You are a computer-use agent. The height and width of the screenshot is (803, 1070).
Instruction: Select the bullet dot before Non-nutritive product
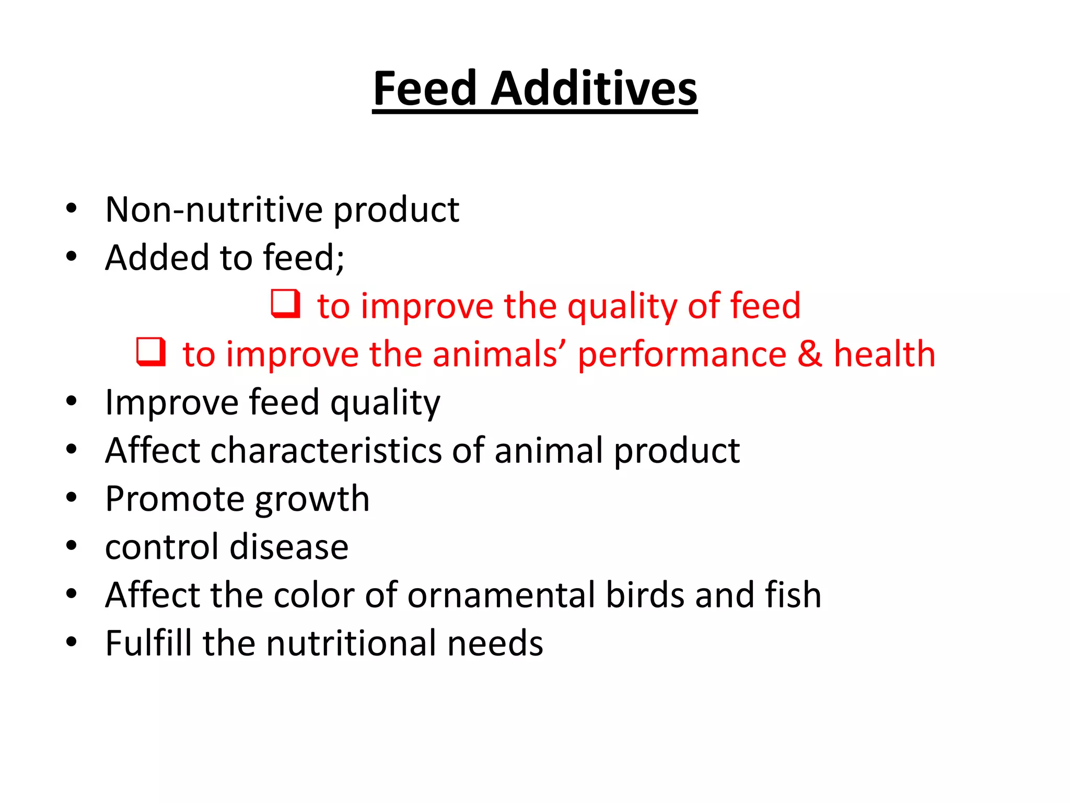pos(72,209)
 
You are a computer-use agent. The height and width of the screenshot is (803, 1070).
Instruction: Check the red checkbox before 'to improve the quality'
pos(286,304)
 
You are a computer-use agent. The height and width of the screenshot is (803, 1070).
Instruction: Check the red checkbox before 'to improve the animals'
pos(151,352)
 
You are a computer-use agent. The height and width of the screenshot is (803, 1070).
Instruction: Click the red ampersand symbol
pos(810,354)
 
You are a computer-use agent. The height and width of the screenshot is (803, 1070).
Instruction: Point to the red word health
pos(884,354)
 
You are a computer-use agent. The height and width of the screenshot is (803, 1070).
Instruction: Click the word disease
pos(289,547)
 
